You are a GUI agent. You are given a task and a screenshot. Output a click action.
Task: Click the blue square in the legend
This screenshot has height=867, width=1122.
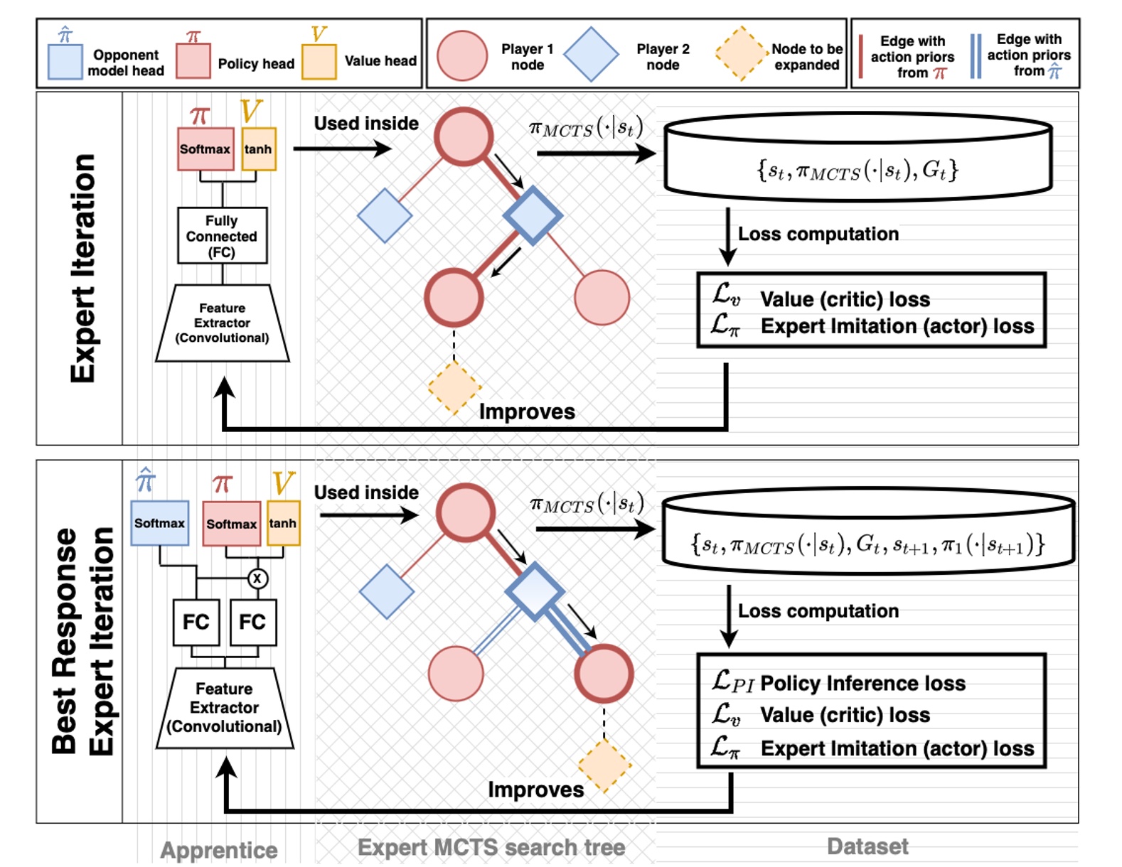65,61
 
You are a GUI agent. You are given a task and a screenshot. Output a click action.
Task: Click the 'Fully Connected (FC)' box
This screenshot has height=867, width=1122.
222,236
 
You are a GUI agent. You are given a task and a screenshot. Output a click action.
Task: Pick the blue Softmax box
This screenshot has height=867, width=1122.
159,523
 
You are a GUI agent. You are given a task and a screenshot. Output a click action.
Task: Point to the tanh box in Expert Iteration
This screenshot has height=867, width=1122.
258,149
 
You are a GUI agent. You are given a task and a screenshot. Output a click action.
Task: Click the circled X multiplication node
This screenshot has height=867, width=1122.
257,578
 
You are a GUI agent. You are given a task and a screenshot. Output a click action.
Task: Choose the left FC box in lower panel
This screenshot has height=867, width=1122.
196,623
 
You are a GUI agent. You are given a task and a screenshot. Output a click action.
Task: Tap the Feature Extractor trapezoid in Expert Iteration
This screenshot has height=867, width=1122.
222,323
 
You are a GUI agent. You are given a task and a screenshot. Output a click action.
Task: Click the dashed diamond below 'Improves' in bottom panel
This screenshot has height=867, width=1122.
604,766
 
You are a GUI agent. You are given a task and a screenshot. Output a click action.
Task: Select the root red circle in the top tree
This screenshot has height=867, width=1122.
464,136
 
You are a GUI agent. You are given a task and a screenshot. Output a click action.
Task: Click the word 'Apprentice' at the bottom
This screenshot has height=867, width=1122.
219,850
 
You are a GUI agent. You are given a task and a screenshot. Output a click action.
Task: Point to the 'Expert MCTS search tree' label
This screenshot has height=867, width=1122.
491,848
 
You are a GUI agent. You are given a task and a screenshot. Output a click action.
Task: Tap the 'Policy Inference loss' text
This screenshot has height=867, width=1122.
862,684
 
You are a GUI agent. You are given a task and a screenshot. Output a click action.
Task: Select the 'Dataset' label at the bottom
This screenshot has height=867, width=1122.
867,846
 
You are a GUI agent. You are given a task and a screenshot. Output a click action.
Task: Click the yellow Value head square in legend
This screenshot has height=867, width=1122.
319,62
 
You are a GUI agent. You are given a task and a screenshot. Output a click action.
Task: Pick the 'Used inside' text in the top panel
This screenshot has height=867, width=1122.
366,124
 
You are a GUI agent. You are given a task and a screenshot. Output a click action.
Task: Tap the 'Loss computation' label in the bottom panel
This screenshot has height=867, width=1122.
818,611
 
